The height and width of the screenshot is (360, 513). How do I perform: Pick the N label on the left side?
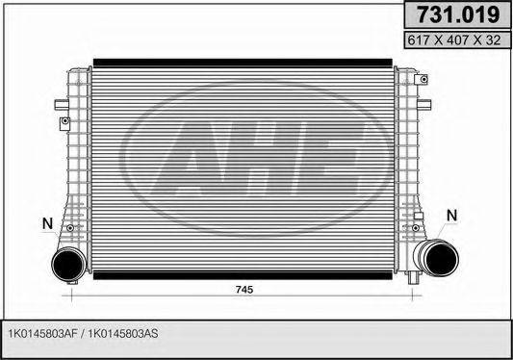[46, 224]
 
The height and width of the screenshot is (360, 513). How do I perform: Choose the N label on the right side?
[453, 214]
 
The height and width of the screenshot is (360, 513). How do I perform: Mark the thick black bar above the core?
[242, 62]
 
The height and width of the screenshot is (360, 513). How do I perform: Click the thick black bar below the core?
[242, 273]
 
